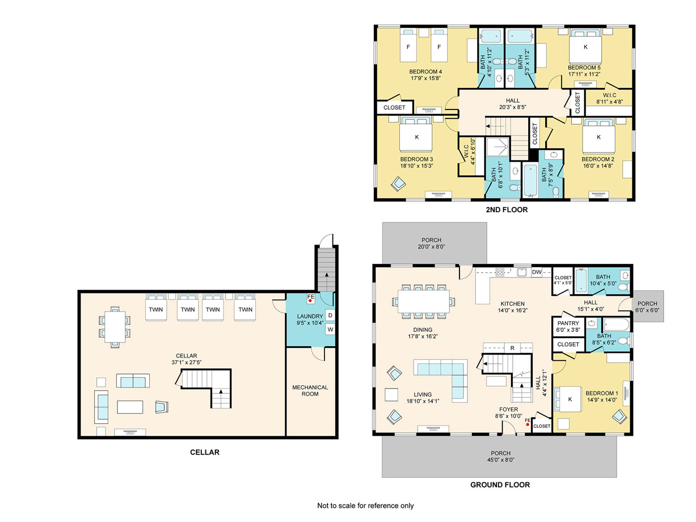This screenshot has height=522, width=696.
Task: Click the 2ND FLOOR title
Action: tap(507, 209)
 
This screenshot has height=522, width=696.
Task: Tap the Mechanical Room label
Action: tap(310, 390)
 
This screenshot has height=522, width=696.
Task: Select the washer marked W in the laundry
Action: tap(330, 329)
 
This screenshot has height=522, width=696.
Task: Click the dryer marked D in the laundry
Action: tap(330, 315)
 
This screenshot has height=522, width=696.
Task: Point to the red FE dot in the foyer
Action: tap(528, 424)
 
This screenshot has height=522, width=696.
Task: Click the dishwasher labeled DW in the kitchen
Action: tap(537, 272)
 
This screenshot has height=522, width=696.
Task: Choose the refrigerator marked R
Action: tap(512, 348)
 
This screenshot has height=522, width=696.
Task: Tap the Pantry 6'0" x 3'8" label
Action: tap(568, 326)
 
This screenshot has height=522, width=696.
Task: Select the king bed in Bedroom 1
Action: tap(567, 399)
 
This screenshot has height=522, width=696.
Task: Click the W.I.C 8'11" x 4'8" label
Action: tap(609, 98)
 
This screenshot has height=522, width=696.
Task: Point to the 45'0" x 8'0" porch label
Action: tap(500, 456)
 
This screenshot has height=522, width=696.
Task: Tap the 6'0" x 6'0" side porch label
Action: tap(647, 306)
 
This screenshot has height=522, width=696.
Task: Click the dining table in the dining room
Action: tap(423, 301)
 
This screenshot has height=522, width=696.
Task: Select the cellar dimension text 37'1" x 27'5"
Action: tap(187, 362)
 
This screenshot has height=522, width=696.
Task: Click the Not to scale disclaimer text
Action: tap(365, 506)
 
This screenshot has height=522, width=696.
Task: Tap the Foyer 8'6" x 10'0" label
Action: tap(508, 412)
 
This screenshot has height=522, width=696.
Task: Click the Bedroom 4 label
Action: tap(425, 71)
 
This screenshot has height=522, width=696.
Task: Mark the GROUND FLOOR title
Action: tap(500, 485)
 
